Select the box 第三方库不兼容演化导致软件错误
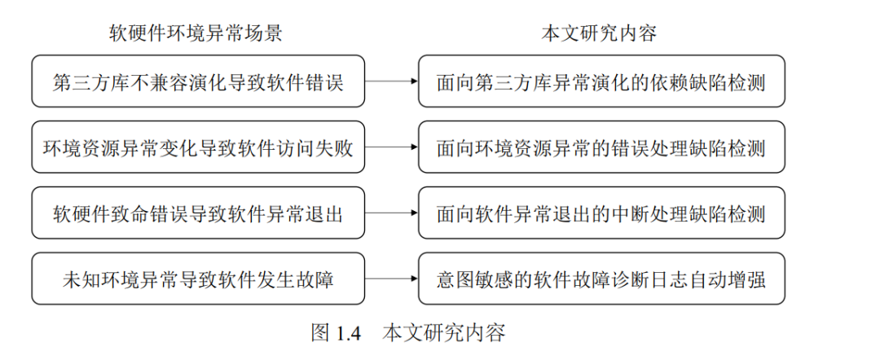coord(198,81)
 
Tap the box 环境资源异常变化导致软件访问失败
coord(198,147)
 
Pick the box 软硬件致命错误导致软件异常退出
coord(198,213)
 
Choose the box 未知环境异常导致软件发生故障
coord(198,279)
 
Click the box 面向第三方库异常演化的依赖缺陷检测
coord(601,81)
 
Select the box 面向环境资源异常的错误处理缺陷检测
coord(601,147)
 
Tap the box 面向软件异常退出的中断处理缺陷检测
coord(601,213)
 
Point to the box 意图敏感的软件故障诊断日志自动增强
coord(601,279)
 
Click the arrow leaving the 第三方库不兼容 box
coord(391,81)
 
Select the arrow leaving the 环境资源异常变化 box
coord(391,147)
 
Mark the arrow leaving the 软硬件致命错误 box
coord(391,213)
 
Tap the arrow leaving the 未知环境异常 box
coord(391,279)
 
